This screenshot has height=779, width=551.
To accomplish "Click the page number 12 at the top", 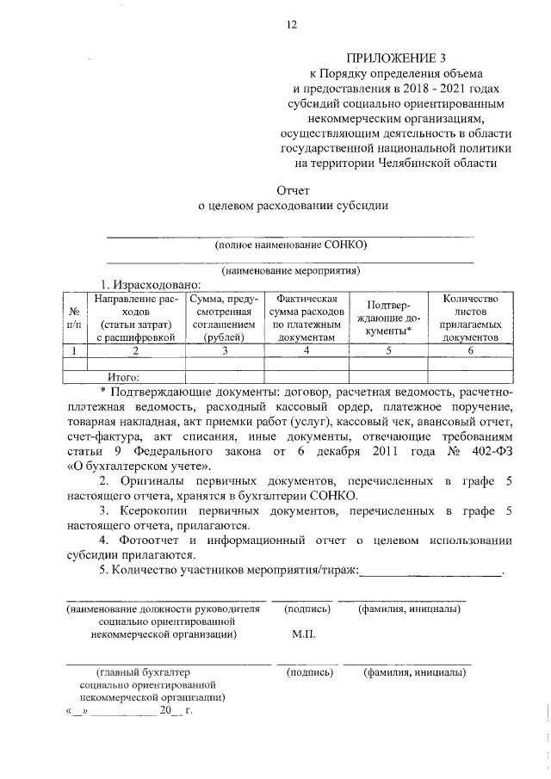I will point(292,25).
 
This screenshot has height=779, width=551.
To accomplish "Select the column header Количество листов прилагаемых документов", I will point(470,318).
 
